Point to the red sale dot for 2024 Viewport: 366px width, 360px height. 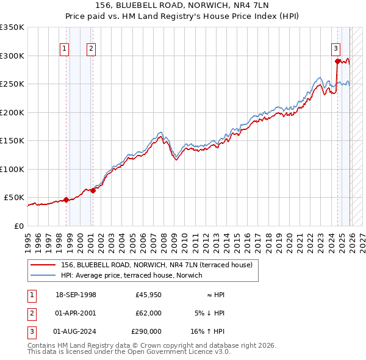point(337,61)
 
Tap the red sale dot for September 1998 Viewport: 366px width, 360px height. point(66,200)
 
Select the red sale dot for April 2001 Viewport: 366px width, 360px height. point(93,190)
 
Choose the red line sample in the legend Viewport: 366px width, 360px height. point(43,264)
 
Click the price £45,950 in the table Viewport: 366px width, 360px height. point(148,295)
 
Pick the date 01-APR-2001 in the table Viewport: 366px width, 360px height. point(75,313)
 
